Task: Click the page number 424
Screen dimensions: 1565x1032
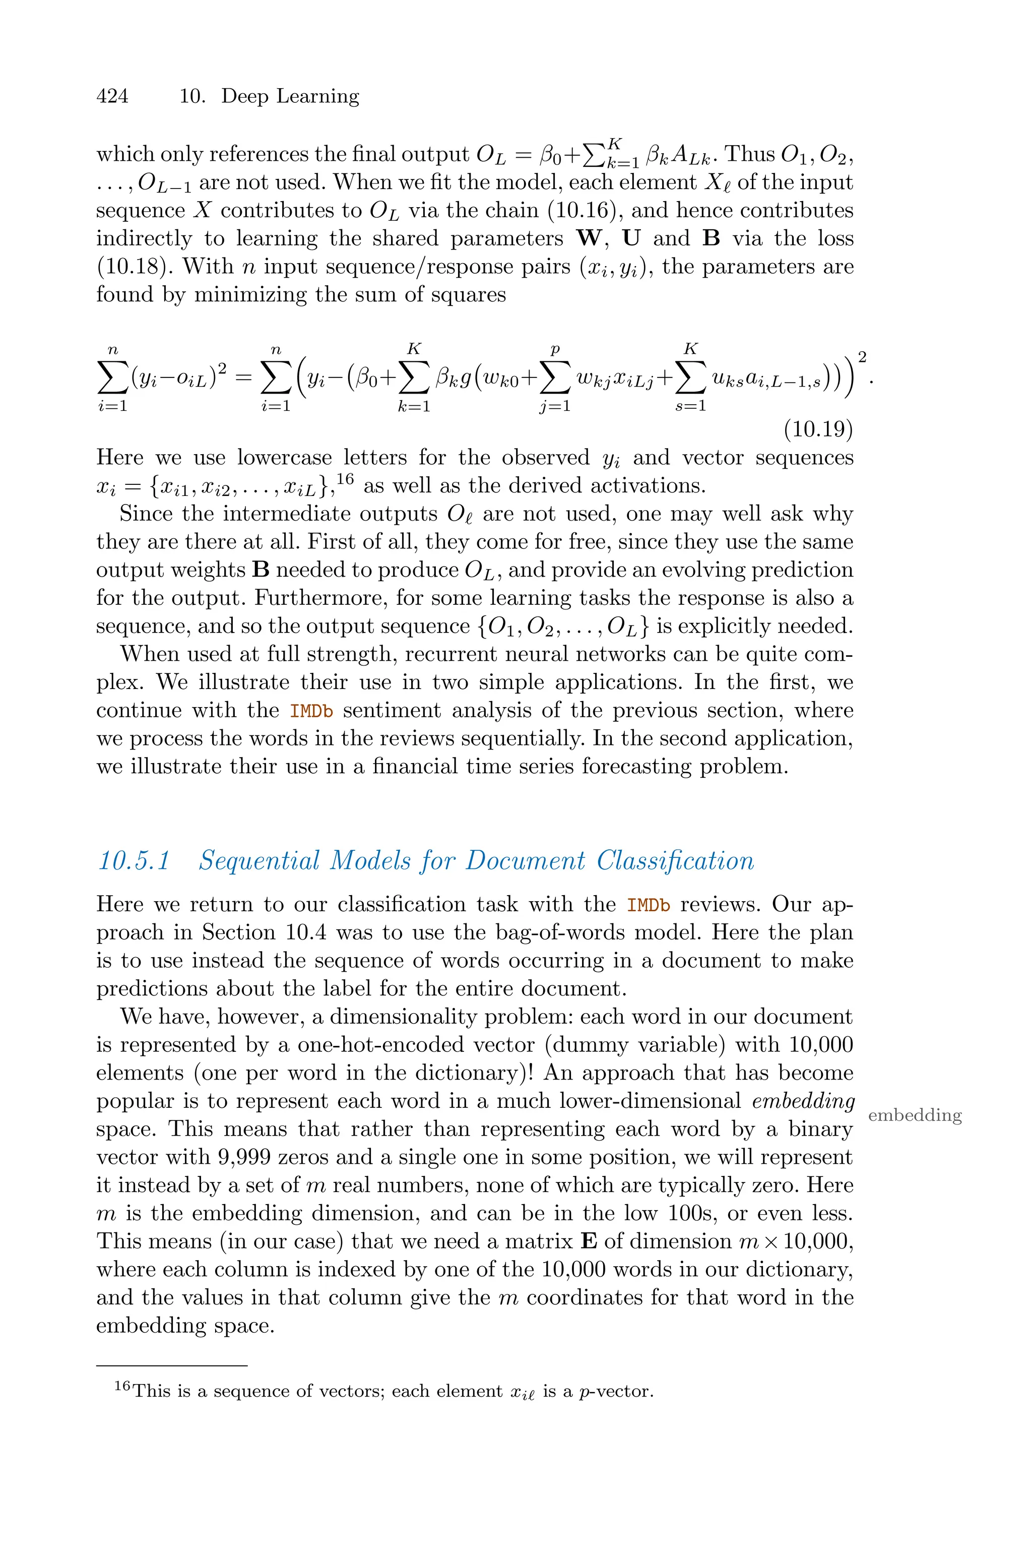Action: point(112,96)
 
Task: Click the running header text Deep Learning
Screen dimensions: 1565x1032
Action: point(290,96)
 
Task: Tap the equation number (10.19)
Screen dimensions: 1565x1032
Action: point(818,430)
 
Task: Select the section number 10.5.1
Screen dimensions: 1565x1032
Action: point(134,860)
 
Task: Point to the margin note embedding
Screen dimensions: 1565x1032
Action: point(915,1115)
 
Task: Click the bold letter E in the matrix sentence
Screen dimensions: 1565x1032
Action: point(590,1241)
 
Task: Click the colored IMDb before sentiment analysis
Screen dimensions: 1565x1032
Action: point(312,711)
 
